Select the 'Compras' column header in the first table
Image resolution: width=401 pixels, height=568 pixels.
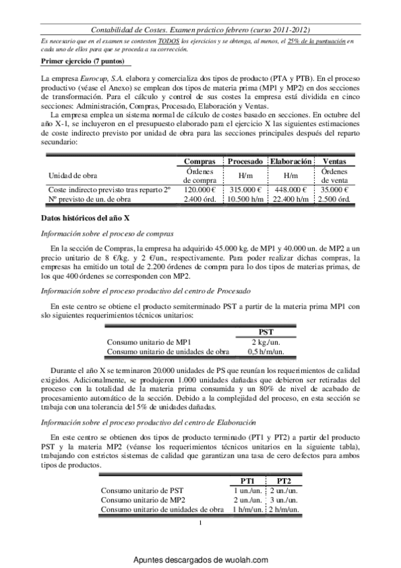pyautogui.click(x=199, y=161)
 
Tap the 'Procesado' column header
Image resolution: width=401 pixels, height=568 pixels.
pyautogui.click(x=244, y=161)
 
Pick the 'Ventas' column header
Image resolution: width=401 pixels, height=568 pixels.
pyautogui.click(x=334, y=161)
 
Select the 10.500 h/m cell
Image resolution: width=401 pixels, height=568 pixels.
pyautogui.click(x=244, y=200)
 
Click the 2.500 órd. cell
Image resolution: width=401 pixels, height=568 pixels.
pyautogui.click(x=334, y=200)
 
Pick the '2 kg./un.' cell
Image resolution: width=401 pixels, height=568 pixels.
pyautogui.click(x=265, y=341)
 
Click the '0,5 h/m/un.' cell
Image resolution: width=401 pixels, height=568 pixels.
pyautogui.click(x=265, y=350)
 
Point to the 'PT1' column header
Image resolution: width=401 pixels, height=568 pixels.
pyautogui.click(x=247, y=480)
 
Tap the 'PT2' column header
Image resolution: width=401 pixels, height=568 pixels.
pyautogui.click(x=283, y=480)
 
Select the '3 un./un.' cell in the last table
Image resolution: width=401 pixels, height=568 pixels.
pyautogui.click(x=283, y=500)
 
